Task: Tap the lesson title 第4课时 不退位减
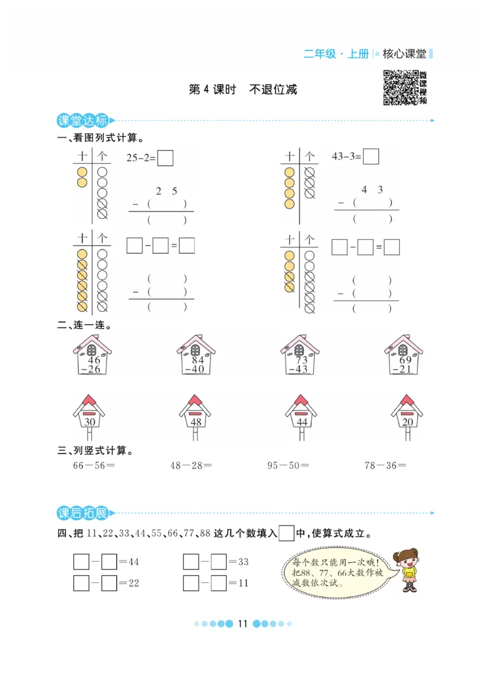coord(243,89)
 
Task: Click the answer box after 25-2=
coord(165,158)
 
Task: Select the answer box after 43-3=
coord(370,157)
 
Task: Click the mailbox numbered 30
coord(90,416)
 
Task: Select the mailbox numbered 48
coord(195,416)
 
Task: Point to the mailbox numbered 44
coord(301,416)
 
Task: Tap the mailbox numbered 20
coord(406,416)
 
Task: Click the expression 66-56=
coord(94,466)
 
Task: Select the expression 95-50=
coord(288,466)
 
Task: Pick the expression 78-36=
coord(385,466)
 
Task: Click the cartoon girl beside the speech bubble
coord(406,570)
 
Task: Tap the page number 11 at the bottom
coord(242,624)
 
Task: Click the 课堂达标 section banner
coord(82,120)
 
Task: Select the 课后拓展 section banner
coord(82,513)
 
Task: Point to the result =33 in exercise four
coord(240,562)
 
